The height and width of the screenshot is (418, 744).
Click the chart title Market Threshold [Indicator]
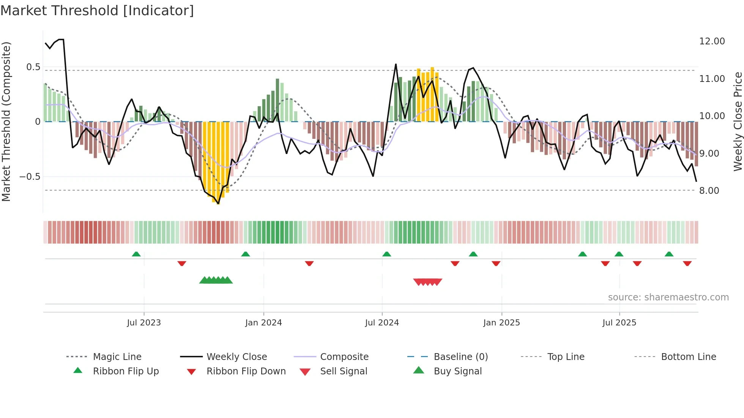pos(97,11)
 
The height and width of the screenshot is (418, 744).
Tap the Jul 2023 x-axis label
pos(144,323)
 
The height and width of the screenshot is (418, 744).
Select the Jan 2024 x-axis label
pos(263,323)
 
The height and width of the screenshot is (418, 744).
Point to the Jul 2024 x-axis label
pos(382,323)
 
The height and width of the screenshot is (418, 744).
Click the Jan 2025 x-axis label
pos(501,323)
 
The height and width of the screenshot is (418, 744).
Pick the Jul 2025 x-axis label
pos(619,323)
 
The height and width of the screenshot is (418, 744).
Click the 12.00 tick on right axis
pos(712,41)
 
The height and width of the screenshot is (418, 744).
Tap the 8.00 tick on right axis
pos(709,191)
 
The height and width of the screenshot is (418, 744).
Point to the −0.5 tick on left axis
pos(30,177)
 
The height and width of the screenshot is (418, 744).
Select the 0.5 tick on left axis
pos(33,67)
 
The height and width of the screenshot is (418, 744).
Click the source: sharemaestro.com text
pos(668,297)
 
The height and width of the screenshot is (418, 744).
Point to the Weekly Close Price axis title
pos(738,121)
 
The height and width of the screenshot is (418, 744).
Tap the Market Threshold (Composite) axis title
pos(6,121)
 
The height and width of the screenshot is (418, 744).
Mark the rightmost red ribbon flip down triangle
pos(687,263)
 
